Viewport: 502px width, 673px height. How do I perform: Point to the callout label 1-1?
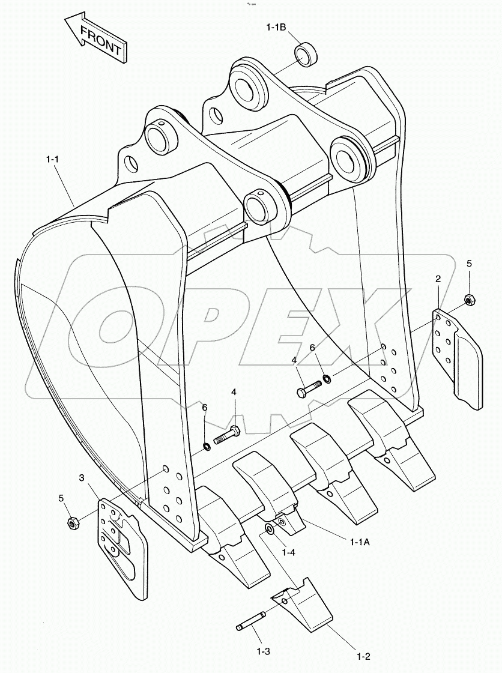[53, 159]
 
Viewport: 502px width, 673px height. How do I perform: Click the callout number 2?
[438, 279]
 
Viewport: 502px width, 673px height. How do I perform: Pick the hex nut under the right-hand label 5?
[470, 299]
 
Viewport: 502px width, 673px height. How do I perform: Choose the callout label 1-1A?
[360, 542]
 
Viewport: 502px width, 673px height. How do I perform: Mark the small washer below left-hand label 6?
[207, 445]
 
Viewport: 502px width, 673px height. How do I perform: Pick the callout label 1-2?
[363, 656]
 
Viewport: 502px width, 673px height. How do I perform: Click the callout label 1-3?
[263, 650]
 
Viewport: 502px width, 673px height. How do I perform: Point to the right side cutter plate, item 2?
[458, 358]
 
